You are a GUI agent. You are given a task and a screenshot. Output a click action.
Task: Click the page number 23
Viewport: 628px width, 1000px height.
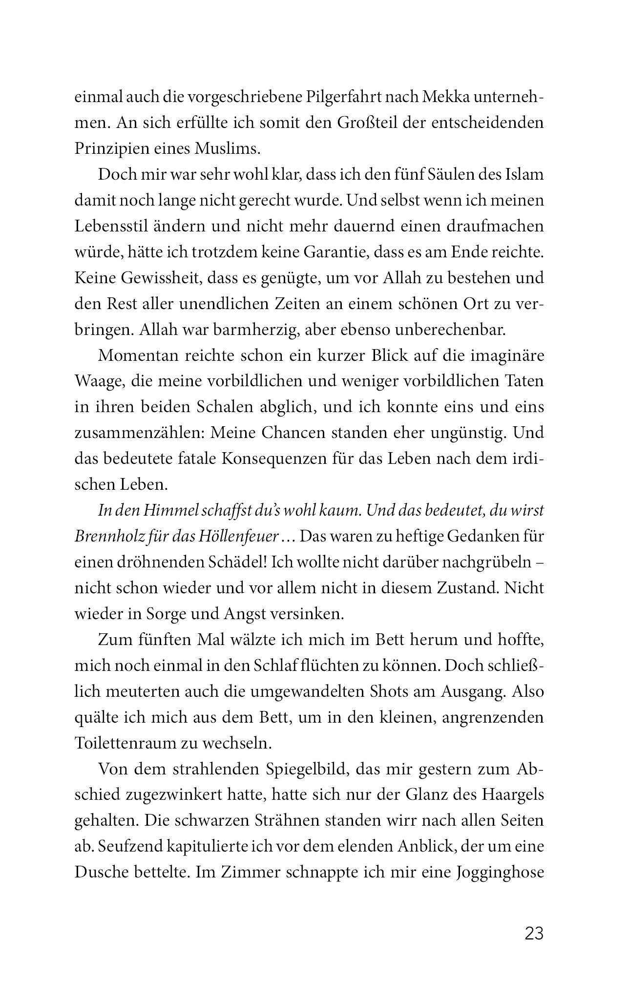point(534,934)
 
